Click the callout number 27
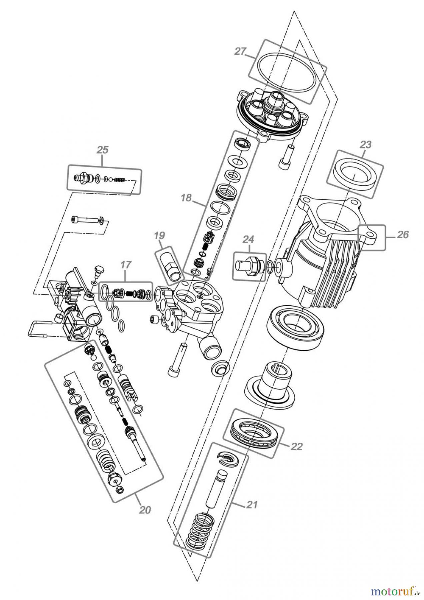pos(240,52)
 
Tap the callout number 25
pos(102,150)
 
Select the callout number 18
pos(186,198)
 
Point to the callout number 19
pos(160,236)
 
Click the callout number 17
pos(126,265)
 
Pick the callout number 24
pos(248,239)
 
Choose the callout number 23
pos(366,145)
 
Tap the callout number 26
pos(403,235)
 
